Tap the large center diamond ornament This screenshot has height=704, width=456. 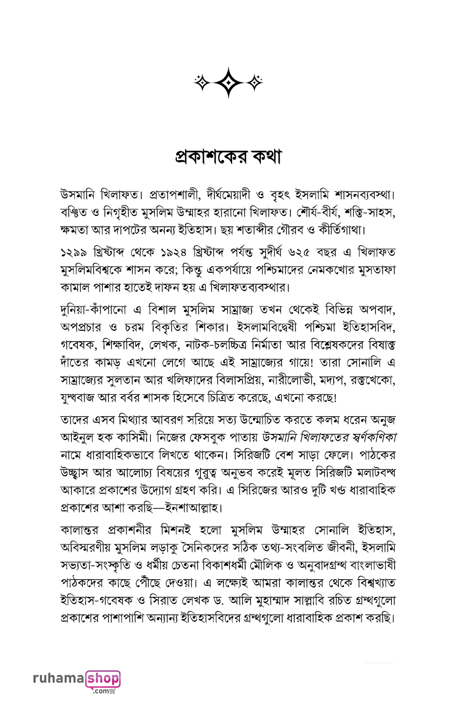pyautogui.click(x=228, y=83)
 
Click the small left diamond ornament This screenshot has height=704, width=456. pyautogui.click(x=202, y=83)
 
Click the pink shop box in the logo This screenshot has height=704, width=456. pyautogui.click(x=103, y=678)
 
